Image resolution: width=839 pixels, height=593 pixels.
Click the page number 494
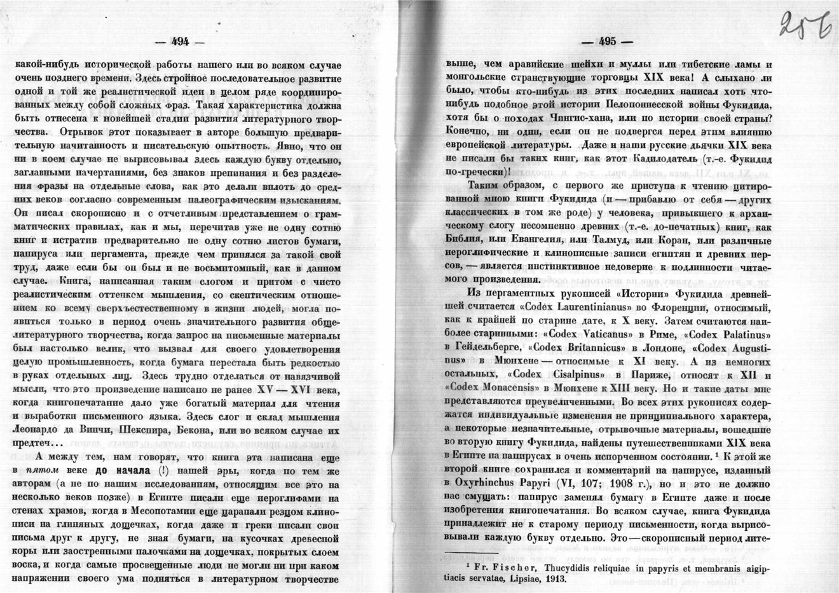[181, 42]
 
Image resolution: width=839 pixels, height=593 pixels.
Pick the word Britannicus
[585, 348]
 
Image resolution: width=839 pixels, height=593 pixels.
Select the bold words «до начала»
[123, 471]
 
